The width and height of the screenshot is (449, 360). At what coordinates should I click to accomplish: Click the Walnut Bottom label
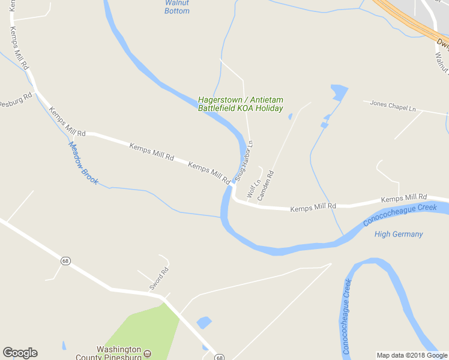tap(177, 7)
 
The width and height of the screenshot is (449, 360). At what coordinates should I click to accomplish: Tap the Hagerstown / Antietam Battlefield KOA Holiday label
tap(241, 104)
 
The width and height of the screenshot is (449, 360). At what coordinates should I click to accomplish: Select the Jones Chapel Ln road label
tap(393, 106)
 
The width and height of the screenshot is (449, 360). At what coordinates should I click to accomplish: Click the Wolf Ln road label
tap(253, 187)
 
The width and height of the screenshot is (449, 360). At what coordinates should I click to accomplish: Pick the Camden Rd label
tap(265, 186)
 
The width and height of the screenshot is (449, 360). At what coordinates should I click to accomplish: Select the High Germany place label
tap(399, 234)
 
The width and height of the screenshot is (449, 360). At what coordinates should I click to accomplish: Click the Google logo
tap(20, 353)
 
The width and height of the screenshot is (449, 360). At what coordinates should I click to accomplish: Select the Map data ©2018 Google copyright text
tap(411, 355)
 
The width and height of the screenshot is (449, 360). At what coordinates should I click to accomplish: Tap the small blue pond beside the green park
tap(204, 322)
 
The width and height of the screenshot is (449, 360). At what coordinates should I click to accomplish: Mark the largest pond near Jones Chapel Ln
tap(338, 92)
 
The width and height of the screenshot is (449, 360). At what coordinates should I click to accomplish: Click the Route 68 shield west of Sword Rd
tap(64, 260)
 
